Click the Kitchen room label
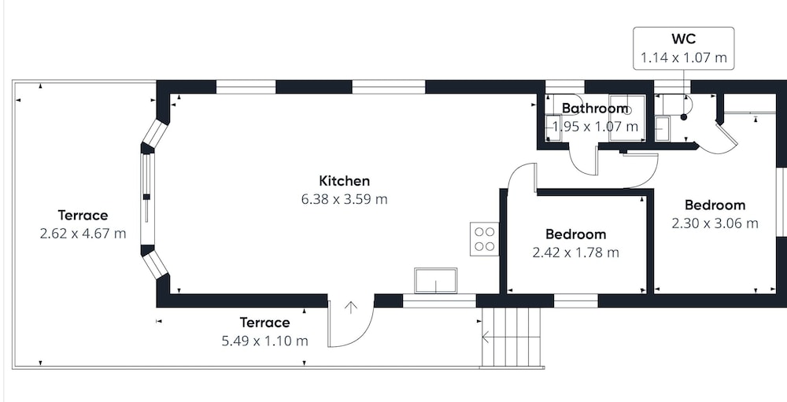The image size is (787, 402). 345,181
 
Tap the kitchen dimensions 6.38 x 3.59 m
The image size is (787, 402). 345,199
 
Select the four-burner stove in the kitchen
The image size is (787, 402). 484,239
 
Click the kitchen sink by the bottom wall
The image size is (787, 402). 436,281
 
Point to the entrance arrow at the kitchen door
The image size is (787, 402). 350,308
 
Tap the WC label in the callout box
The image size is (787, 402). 684,39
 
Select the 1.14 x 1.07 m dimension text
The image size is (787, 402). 684,57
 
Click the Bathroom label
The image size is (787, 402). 595,108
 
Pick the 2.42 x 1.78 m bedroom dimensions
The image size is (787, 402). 576,253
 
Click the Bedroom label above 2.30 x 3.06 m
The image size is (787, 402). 715,205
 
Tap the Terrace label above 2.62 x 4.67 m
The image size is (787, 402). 83,216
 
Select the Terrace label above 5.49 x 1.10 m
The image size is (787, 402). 264,323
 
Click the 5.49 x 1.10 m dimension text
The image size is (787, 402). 264,341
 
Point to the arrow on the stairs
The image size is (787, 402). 486,337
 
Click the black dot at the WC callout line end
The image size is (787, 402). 684,117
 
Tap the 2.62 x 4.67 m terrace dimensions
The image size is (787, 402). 83,234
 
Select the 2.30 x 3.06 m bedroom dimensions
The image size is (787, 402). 715,223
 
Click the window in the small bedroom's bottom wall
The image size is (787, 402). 576,301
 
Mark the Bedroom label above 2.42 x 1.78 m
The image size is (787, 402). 576,234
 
